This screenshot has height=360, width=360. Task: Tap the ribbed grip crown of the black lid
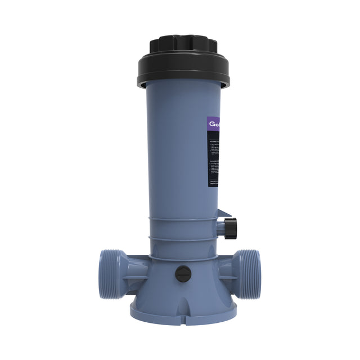pos(182,44)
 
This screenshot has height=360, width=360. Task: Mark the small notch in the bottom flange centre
pos(182,307)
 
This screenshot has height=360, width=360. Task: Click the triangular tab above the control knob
pos(224,213)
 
